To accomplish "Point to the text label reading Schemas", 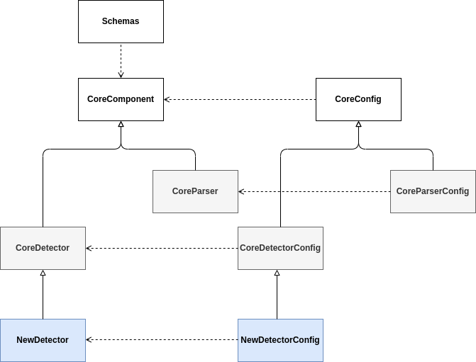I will point(121,21).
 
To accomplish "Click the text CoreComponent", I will point(121,99).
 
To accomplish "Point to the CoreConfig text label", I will point(358,99).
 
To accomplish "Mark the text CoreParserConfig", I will point(433,191).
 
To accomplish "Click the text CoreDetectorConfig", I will point(280,248).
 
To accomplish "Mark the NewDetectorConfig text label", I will point(280,340).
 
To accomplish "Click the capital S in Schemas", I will point(105,21).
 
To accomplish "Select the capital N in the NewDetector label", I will point(20,340).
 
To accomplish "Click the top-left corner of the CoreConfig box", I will point(316,79).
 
